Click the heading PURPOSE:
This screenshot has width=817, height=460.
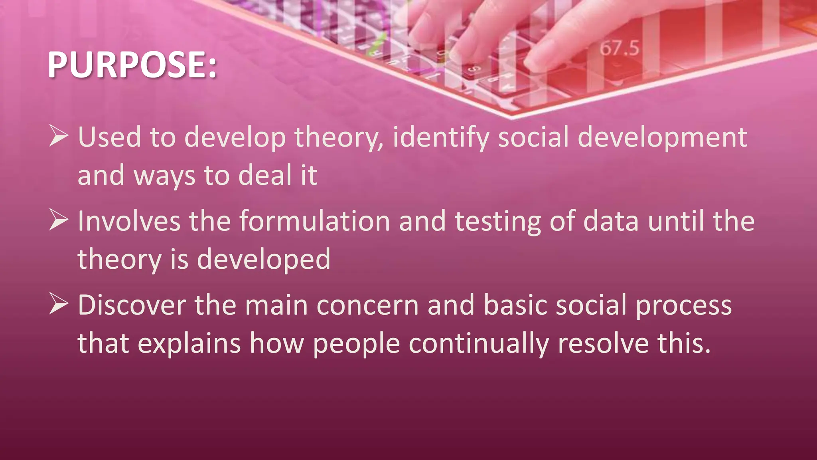click(132, 65)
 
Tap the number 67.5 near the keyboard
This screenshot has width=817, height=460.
click(619, 48)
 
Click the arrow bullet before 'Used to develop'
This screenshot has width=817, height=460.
click(59, 136)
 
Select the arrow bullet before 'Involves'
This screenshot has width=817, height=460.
click(59, 220)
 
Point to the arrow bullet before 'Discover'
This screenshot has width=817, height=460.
click(59, 304)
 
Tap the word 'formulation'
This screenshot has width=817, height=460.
click(314, 221)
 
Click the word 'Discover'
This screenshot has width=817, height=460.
click(132, 305)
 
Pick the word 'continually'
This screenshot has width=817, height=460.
click(479, 343)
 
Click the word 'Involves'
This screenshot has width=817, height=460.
click(129, 221)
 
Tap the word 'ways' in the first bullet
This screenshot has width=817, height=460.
click(164, 176)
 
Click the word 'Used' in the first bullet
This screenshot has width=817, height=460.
click(109, 137)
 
